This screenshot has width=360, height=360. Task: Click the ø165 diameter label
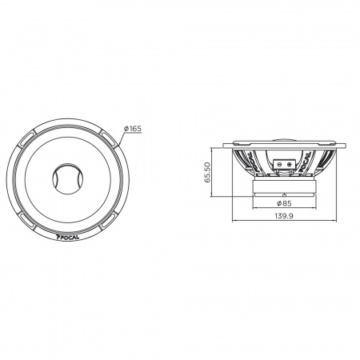tap(133, 129)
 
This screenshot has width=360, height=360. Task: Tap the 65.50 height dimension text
tap(208, 172)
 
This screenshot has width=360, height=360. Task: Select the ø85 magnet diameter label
tap(284, 203)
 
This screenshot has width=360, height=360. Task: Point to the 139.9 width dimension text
tap(284, 216)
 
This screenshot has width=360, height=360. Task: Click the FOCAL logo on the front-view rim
tap(68, 236)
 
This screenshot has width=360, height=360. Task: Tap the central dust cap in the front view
tap(67, 178)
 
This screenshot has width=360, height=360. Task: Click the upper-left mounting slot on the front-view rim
tap(26, 140)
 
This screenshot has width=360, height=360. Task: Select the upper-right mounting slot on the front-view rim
tap(109, 139)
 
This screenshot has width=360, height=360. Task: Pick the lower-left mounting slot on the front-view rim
tap(26, 219)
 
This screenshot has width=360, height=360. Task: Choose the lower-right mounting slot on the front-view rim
tap(109, 220)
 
